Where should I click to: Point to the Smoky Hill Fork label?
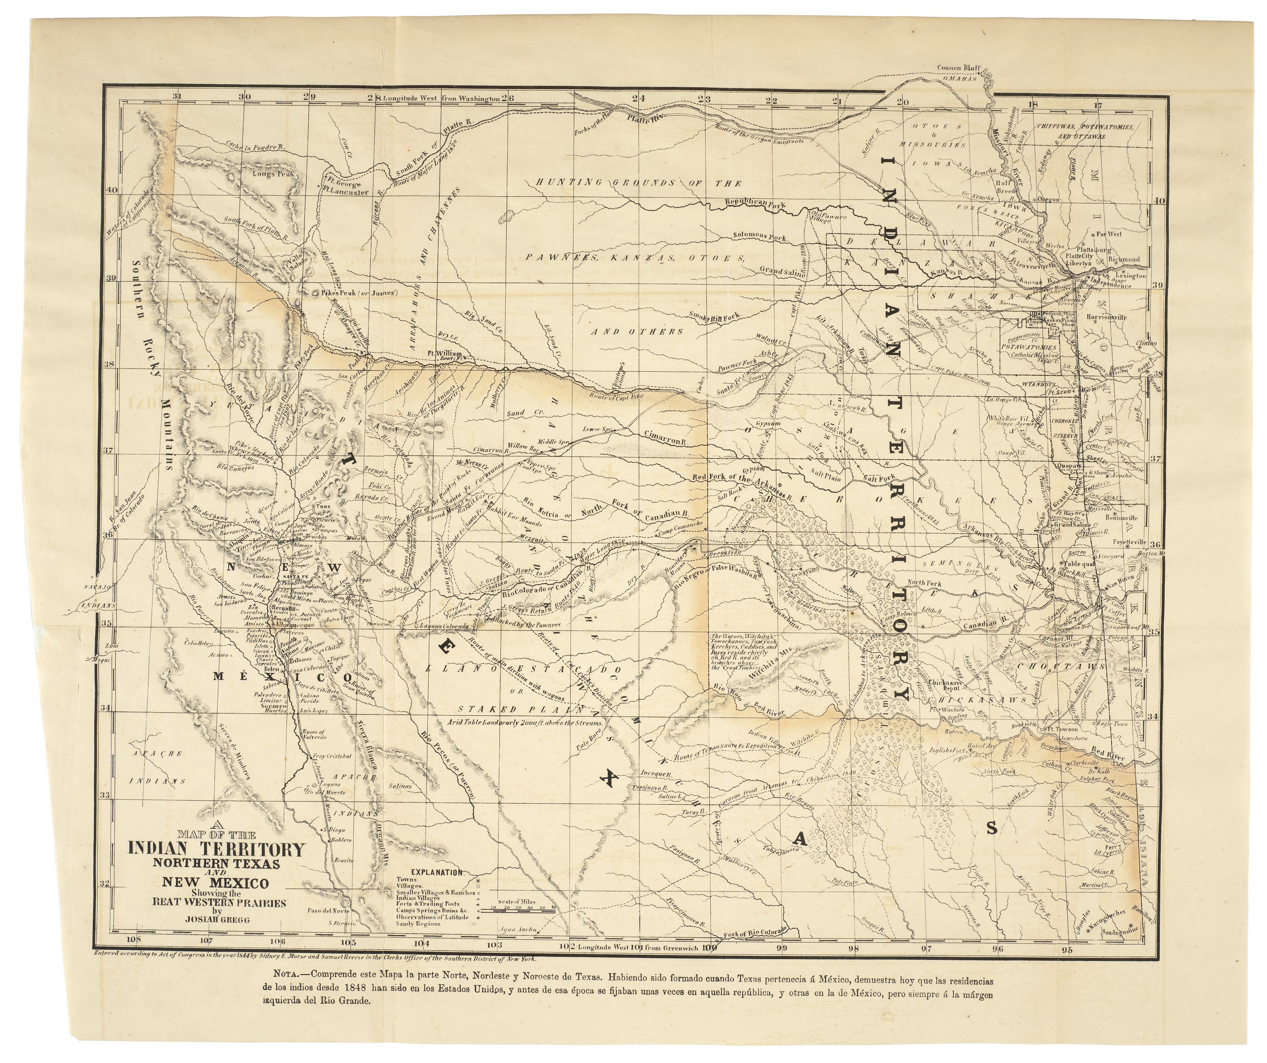(715, 316)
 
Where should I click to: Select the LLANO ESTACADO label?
(522, 670)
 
